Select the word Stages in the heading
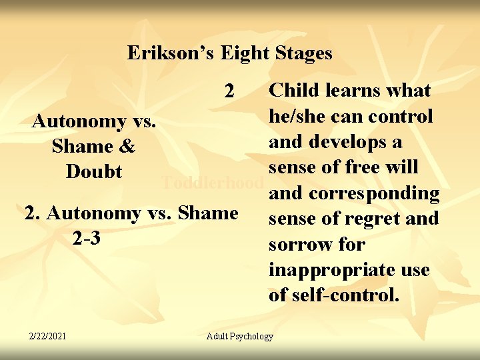coord(301,53)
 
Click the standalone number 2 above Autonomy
coord(229,91)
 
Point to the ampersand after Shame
coord(129,147)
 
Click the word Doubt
coord(94,172)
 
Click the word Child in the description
coord(293,91)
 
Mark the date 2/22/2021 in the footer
coord(47,335)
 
